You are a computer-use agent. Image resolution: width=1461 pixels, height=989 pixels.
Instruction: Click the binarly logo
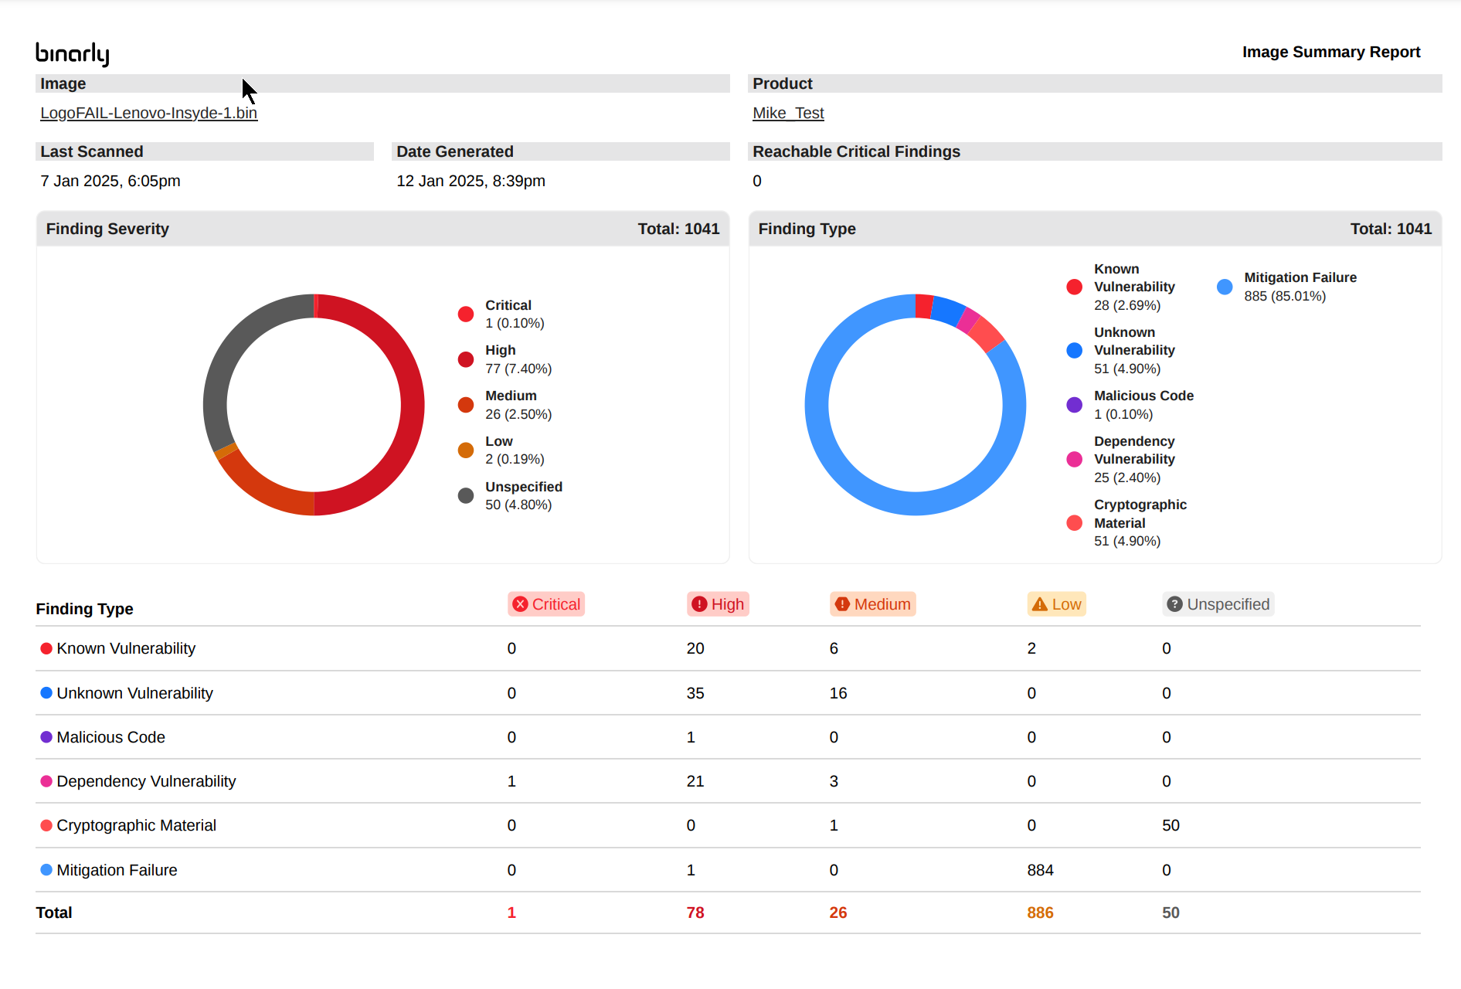coord(73,53)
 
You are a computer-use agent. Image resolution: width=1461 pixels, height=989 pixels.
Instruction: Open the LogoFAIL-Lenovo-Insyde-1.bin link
coord(148,113)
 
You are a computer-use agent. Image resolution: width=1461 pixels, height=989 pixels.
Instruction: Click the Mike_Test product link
coord(788,113)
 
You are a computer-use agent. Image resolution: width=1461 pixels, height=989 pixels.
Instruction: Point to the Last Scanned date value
coord(110,181)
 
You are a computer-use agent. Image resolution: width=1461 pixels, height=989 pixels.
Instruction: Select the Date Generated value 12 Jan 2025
coord(471,181)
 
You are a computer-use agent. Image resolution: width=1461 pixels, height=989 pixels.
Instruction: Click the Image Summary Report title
coord(1330,52)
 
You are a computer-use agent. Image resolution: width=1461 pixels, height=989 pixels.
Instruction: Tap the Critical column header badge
coord(546,604)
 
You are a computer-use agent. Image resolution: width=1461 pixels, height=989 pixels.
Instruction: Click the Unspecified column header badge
coord(1218,604)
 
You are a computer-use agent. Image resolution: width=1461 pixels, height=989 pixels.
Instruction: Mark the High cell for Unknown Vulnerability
coord(695,693)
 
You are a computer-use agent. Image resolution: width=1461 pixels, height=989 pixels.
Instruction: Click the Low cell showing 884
coord(1040,870)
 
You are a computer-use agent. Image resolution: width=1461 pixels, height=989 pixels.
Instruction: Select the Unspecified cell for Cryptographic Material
coord(1170,825)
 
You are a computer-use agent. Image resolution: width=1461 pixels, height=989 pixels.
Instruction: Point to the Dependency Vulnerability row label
coord(146,781)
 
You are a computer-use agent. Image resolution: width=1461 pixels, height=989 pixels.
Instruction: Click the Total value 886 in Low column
coord(1040,913)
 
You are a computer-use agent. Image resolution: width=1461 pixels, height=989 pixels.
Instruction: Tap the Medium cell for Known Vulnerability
coord(834,648)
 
